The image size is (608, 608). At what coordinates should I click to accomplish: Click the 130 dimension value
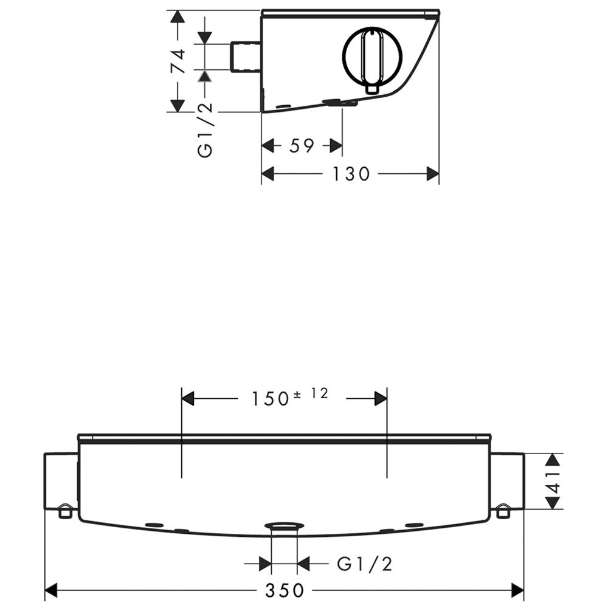[351, 174]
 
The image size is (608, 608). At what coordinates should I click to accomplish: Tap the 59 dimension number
[302, 146]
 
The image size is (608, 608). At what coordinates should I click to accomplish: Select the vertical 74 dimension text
[179, 61]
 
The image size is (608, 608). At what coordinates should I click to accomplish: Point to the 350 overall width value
[285, 590]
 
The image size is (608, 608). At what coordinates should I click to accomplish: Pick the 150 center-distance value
[271, 399]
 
